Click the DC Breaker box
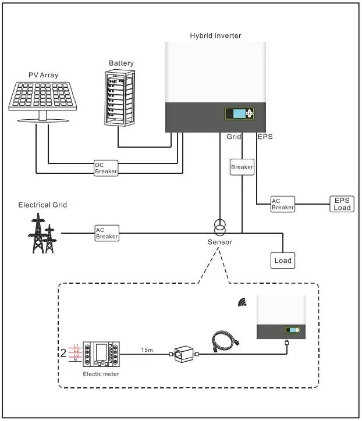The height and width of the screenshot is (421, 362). [107, 168]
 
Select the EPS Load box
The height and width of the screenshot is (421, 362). [342, 204]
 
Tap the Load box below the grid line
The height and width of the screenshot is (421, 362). [283, 261]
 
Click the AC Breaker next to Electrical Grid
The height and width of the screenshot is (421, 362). [107, 233]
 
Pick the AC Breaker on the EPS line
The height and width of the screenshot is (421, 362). [283, 204]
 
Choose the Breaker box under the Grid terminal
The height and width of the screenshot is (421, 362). [242, 167]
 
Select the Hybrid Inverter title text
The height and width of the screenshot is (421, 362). [215, 36]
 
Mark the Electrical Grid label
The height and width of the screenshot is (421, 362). [42, 205]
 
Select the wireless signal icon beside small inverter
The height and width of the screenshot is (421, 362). [242, 302]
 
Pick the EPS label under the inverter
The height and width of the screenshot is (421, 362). [265, 137]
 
